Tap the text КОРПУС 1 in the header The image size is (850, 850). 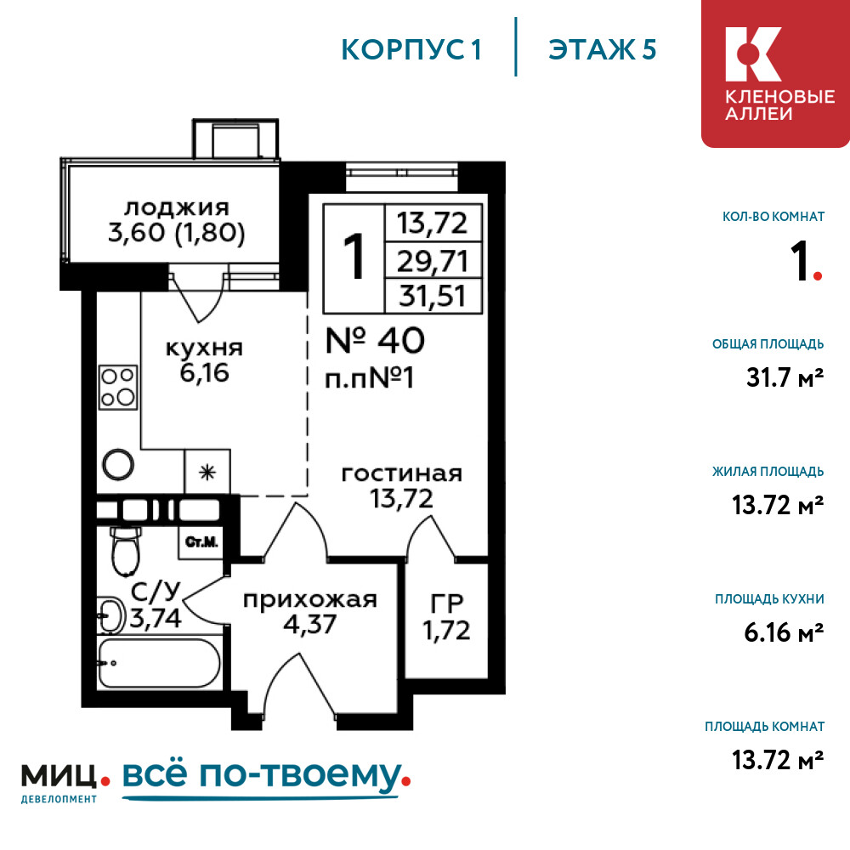click(x=412, y=50)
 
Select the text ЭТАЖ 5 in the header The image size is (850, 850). click(x=603, y=50)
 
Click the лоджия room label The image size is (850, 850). click(x=177, y=221)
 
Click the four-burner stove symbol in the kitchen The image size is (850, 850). click(x=117, y=385)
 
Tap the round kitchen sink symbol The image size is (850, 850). click(x=117, y=464)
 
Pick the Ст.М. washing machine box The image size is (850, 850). click(x=201, y=541)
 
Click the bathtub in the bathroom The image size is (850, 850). click(x=159, y=664)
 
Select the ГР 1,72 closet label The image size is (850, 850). click(x=445, y=617)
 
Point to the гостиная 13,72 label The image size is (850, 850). click(x=401, y=485)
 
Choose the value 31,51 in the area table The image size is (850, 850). click(x=433, y=297)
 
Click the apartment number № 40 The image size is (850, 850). click(x=375, y=341)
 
